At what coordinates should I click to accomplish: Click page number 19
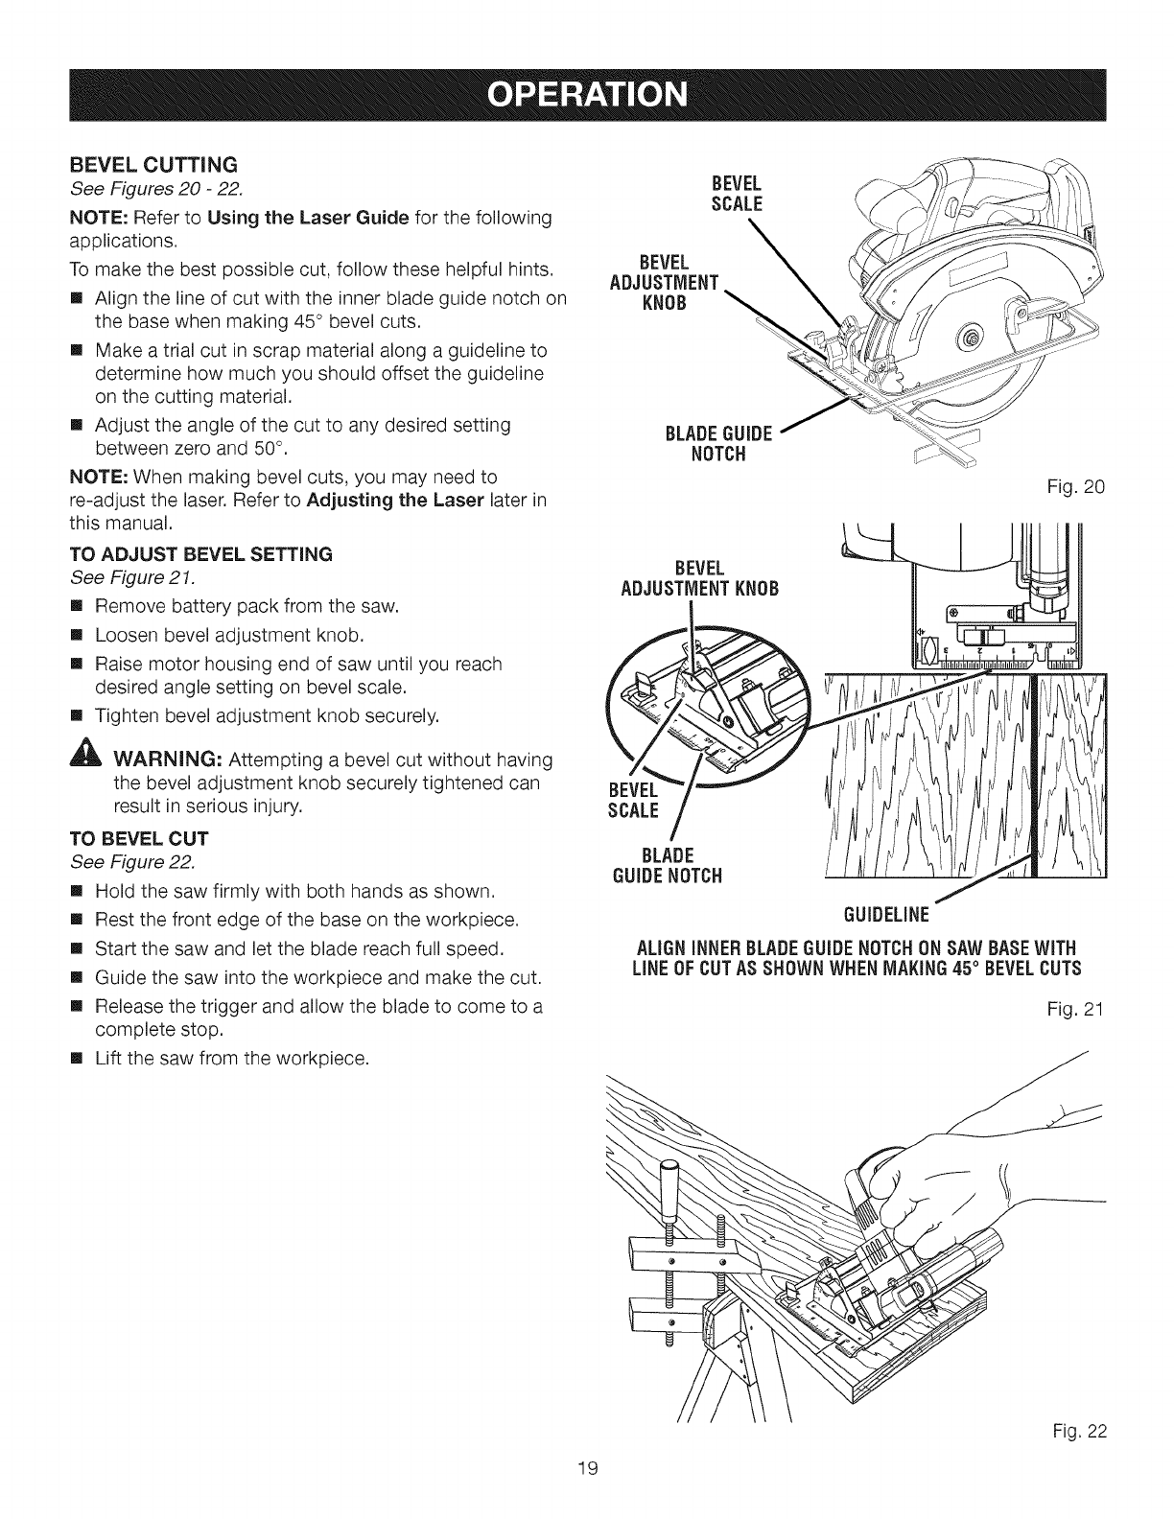(x=586, y=1492)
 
